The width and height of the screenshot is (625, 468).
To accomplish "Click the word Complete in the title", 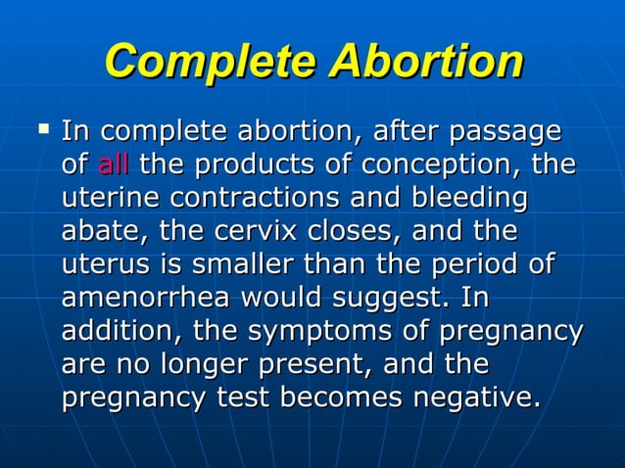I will [211, 62].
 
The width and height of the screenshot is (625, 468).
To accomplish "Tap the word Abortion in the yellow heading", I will [425, 62].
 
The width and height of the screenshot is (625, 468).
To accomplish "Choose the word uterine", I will [111, 199].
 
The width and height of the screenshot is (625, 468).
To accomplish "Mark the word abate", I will [102, 233].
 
